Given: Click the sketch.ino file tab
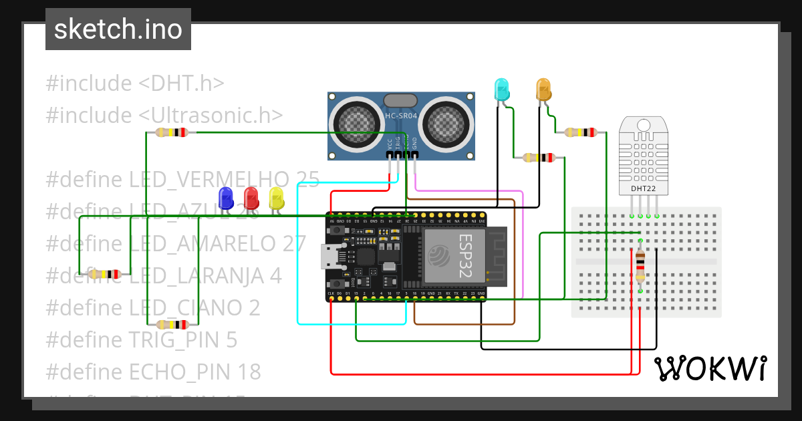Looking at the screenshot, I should pos(118,29).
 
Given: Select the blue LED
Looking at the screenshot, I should pos(226,198).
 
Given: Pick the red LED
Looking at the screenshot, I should pos(251,198).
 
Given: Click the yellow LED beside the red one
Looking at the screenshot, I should pos(276,198).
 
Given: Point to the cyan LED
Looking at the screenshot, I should pos(501,89).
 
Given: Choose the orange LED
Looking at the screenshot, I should pos(543,89).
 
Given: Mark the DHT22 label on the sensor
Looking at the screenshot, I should pos(643,188).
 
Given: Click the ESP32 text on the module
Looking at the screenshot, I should pos(465,257).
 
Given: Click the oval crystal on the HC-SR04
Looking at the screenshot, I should pos(400,100).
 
